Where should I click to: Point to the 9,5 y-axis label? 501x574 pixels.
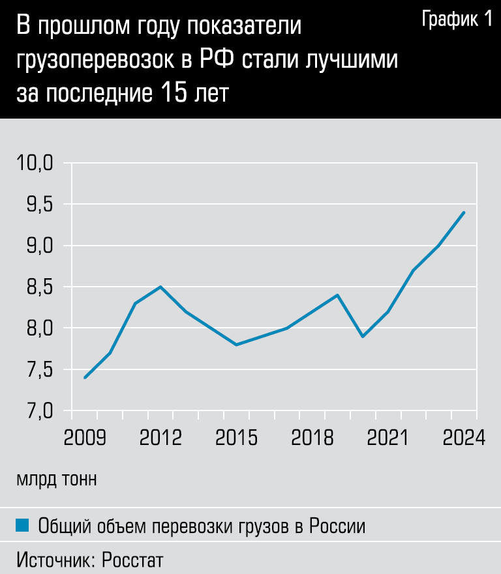coord(38,205)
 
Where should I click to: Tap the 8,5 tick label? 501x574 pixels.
coord(38,287)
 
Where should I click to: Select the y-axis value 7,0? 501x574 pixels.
coord(38,410)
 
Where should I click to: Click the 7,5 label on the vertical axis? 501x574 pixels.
coord(38,369)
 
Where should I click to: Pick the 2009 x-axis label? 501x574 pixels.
coord(85,437)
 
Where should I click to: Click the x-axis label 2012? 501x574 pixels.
coord(160,437)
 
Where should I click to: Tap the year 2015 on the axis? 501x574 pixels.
coord(236,437)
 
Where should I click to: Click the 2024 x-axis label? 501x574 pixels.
coord(464,437)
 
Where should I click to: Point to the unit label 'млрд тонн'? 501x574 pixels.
coord(57,480)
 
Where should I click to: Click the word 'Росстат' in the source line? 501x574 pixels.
coord(132,559)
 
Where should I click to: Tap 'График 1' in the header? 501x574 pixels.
coord(457,20)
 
